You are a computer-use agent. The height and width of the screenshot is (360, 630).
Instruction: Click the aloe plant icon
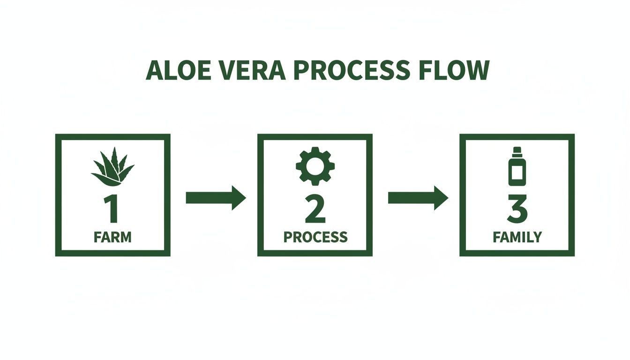point(112,167)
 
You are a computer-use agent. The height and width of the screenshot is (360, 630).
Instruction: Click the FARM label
point(112,237)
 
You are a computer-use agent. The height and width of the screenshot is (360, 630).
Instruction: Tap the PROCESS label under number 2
point(315,237)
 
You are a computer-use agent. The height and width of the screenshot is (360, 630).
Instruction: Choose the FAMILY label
point(517,237)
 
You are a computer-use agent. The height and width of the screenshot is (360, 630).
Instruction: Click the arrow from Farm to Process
point(216,198)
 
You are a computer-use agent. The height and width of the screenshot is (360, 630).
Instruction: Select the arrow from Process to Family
point(418,198)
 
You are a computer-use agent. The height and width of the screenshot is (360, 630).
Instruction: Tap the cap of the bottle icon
point(517,151)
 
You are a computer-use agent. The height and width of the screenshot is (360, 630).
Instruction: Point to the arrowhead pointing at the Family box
point(441,198)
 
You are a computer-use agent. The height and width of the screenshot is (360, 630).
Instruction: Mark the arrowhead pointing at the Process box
point(239,198)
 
